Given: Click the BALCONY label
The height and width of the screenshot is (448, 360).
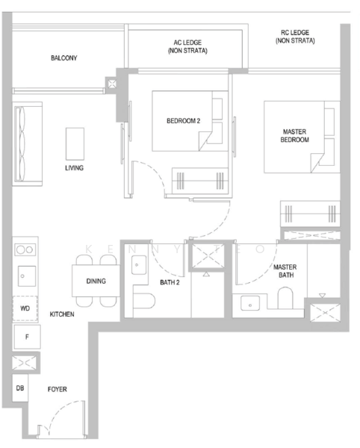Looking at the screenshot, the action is click(x=64, y=58).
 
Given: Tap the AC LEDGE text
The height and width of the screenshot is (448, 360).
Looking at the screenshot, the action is click(x=187, y=43).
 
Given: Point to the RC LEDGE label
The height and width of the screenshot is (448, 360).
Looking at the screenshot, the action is click(x=295, y=33).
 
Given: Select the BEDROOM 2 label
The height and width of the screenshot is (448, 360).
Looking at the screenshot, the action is click(x=184, y=121).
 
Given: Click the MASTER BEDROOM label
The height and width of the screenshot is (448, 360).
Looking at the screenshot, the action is click(x=294, y=136).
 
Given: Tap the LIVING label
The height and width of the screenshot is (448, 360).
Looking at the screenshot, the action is click(x=74, y=168).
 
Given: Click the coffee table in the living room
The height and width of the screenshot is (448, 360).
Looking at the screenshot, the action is click(x=75, y=143).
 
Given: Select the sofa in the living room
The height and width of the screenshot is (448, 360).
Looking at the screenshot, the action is click(x=28, y=144).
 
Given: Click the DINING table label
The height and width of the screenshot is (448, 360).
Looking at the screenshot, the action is click(x=96, y=281).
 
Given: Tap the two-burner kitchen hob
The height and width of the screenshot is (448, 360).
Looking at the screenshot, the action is click(x=25, y=249).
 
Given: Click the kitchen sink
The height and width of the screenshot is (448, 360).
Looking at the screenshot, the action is click(x=27, y=276).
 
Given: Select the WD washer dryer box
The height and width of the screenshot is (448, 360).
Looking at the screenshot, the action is click(x=25, y=308).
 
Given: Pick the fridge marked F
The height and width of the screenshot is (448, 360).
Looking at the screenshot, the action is click(x=27, y=337).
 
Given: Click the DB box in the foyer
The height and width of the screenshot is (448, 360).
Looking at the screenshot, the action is click(x=20, y=388).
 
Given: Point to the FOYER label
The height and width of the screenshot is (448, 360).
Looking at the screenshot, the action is click(x=58, y=390).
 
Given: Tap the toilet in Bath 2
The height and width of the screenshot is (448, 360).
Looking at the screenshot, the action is click(x=144, y=301).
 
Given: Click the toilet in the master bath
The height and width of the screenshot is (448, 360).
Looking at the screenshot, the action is click(x=285, y=298).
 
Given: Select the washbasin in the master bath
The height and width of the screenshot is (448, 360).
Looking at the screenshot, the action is click(x=250, y=303).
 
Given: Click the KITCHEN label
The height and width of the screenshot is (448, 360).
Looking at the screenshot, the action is click(x=62, y=314).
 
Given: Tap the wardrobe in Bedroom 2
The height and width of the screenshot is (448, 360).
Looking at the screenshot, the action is click(x=200, y=181).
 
